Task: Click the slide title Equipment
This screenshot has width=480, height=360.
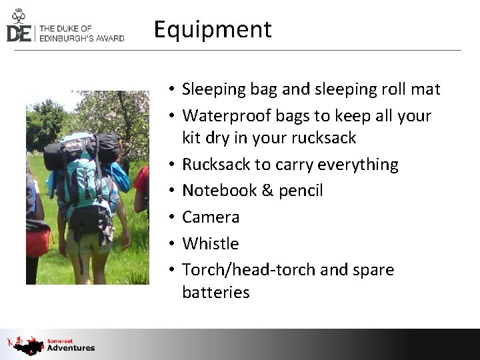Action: (213, 29)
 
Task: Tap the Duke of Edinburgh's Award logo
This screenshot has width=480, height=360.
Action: (65, 27)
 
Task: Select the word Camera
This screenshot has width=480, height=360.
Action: (211, 217)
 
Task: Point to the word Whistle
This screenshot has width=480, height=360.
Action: (210, 243)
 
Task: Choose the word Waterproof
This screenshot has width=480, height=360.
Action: (219, 116)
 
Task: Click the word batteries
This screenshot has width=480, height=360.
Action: (215, 292)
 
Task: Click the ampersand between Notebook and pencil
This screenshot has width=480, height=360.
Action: (267, 191)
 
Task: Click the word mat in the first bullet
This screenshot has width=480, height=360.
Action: (427, 89)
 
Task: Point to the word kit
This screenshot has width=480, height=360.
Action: (192, 138)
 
